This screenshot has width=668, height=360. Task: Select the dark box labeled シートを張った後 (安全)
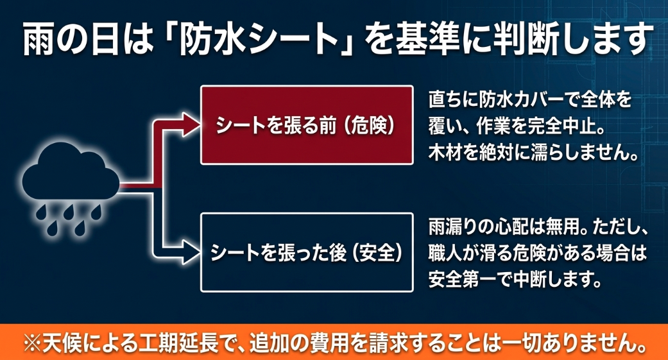(x=305, y=252)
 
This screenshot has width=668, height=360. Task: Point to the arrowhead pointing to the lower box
(x=189, y=252)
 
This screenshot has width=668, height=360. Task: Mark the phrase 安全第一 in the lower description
(x=464, y=280)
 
